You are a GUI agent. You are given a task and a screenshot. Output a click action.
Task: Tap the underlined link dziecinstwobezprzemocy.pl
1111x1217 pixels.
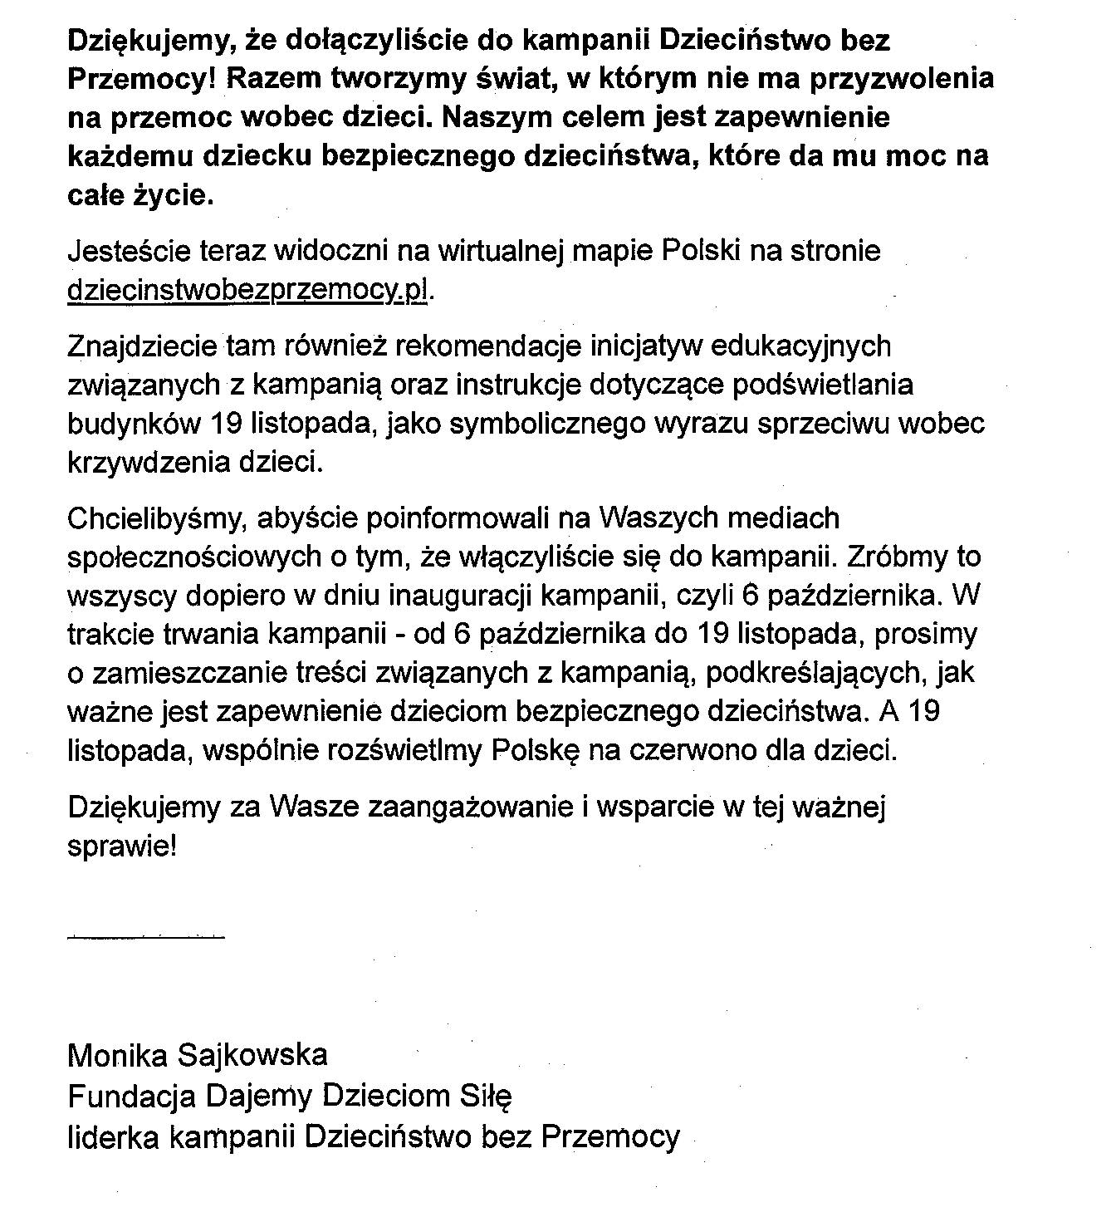coord(249,290)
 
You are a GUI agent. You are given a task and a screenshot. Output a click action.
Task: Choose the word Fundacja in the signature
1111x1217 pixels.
coord(132,1097)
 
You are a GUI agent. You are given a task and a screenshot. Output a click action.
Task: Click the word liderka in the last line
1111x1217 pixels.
coord(114,1136)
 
